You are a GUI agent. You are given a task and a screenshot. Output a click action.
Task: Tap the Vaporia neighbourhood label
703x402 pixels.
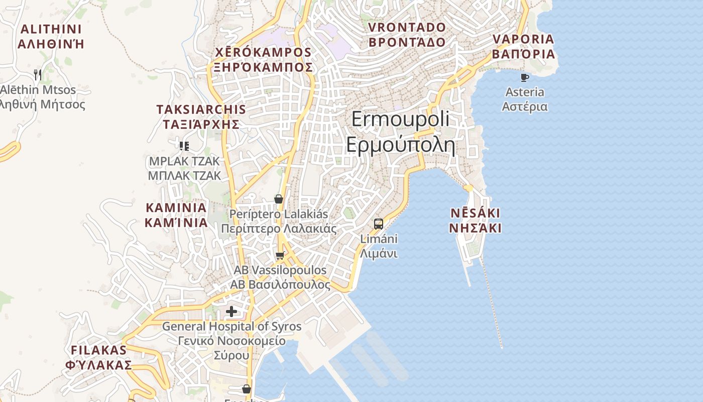523,46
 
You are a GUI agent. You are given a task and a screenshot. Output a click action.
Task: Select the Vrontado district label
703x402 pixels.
407,34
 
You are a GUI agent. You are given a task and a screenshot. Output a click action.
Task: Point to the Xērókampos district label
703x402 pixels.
263,59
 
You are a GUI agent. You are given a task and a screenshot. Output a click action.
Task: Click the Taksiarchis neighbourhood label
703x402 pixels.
201,117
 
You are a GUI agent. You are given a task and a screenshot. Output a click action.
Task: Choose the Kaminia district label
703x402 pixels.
176,215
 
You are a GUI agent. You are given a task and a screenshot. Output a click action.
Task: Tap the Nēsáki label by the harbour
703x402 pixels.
475,220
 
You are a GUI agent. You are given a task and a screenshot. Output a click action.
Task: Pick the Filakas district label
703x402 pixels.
98,357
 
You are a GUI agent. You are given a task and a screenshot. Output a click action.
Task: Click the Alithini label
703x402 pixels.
50,36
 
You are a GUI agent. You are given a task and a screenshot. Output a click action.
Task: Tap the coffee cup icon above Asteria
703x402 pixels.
524,77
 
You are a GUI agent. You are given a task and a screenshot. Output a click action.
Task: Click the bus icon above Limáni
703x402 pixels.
379,224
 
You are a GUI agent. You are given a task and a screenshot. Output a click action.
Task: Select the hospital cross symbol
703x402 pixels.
231,312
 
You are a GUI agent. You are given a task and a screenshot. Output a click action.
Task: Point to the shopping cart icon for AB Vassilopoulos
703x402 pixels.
280,256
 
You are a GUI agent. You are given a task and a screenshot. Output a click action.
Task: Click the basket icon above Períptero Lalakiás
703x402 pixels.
279,199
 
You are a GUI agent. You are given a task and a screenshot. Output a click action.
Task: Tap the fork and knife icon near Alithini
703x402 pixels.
38,75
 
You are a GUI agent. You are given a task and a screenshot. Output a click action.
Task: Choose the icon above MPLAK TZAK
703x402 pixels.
184,146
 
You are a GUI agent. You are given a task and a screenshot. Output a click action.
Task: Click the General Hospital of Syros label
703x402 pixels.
231,341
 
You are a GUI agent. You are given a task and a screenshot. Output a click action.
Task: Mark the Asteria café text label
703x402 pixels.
525,99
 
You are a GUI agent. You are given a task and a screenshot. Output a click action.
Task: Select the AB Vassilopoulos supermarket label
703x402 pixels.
280,277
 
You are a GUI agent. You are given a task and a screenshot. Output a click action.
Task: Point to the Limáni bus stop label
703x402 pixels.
379,246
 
